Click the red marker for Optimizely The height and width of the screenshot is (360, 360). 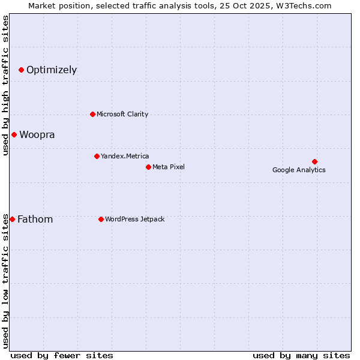tap(21, 70)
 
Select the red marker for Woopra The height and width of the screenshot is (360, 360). tap(14, 134)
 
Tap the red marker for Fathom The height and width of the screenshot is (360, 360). tap(12, 219)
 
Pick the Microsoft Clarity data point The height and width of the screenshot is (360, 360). tap(92, 114)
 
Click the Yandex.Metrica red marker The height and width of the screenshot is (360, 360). tap(97, 156)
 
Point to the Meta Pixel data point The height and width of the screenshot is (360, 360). tap(148, 167)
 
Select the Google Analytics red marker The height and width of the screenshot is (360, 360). tap(314, 161)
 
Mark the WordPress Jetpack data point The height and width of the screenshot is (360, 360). tap(101, 219)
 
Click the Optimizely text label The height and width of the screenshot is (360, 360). tap(52, 70)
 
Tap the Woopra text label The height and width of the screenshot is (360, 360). tap(37, 134)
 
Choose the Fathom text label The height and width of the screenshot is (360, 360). tap(35, 219)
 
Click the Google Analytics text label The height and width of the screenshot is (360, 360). tap(299, 170)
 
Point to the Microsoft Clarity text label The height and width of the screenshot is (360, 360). tap(122, 114)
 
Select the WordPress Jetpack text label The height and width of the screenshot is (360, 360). tap(134, 219)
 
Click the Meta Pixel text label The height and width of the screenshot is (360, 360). tap(169, 167)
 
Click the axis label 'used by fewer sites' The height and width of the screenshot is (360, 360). tap(62, 355)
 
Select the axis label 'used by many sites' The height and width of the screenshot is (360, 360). tap(301, 355)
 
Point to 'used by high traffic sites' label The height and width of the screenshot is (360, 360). tap(5, 85)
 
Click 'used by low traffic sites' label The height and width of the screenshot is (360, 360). tap(5, 281)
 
